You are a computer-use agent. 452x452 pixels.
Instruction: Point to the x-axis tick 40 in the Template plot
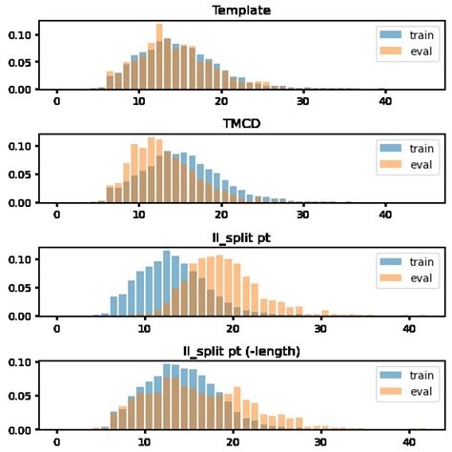click(385, 101)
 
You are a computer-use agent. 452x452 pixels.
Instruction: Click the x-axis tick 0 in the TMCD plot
click(57, 215)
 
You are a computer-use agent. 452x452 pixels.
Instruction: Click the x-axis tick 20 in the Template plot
click(221, 101)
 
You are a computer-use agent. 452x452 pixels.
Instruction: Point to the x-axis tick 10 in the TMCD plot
click(139, 215)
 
